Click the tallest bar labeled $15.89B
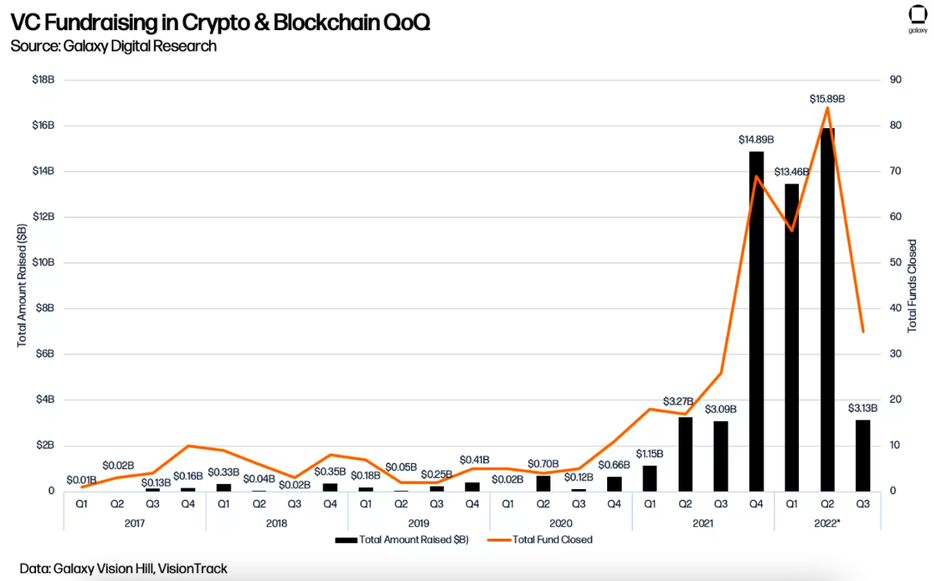point(827,309)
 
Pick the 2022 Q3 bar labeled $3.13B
point(863,456)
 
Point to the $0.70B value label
point(543,463)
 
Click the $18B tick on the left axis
point(42,80)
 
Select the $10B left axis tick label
point(42,263)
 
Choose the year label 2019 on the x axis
point(419,522)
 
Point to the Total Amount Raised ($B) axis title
point(22,285)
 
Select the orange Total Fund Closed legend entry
point(539,540)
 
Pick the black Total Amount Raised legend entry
point(402,540)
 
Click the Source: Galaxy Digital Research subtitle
point(114,46)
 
